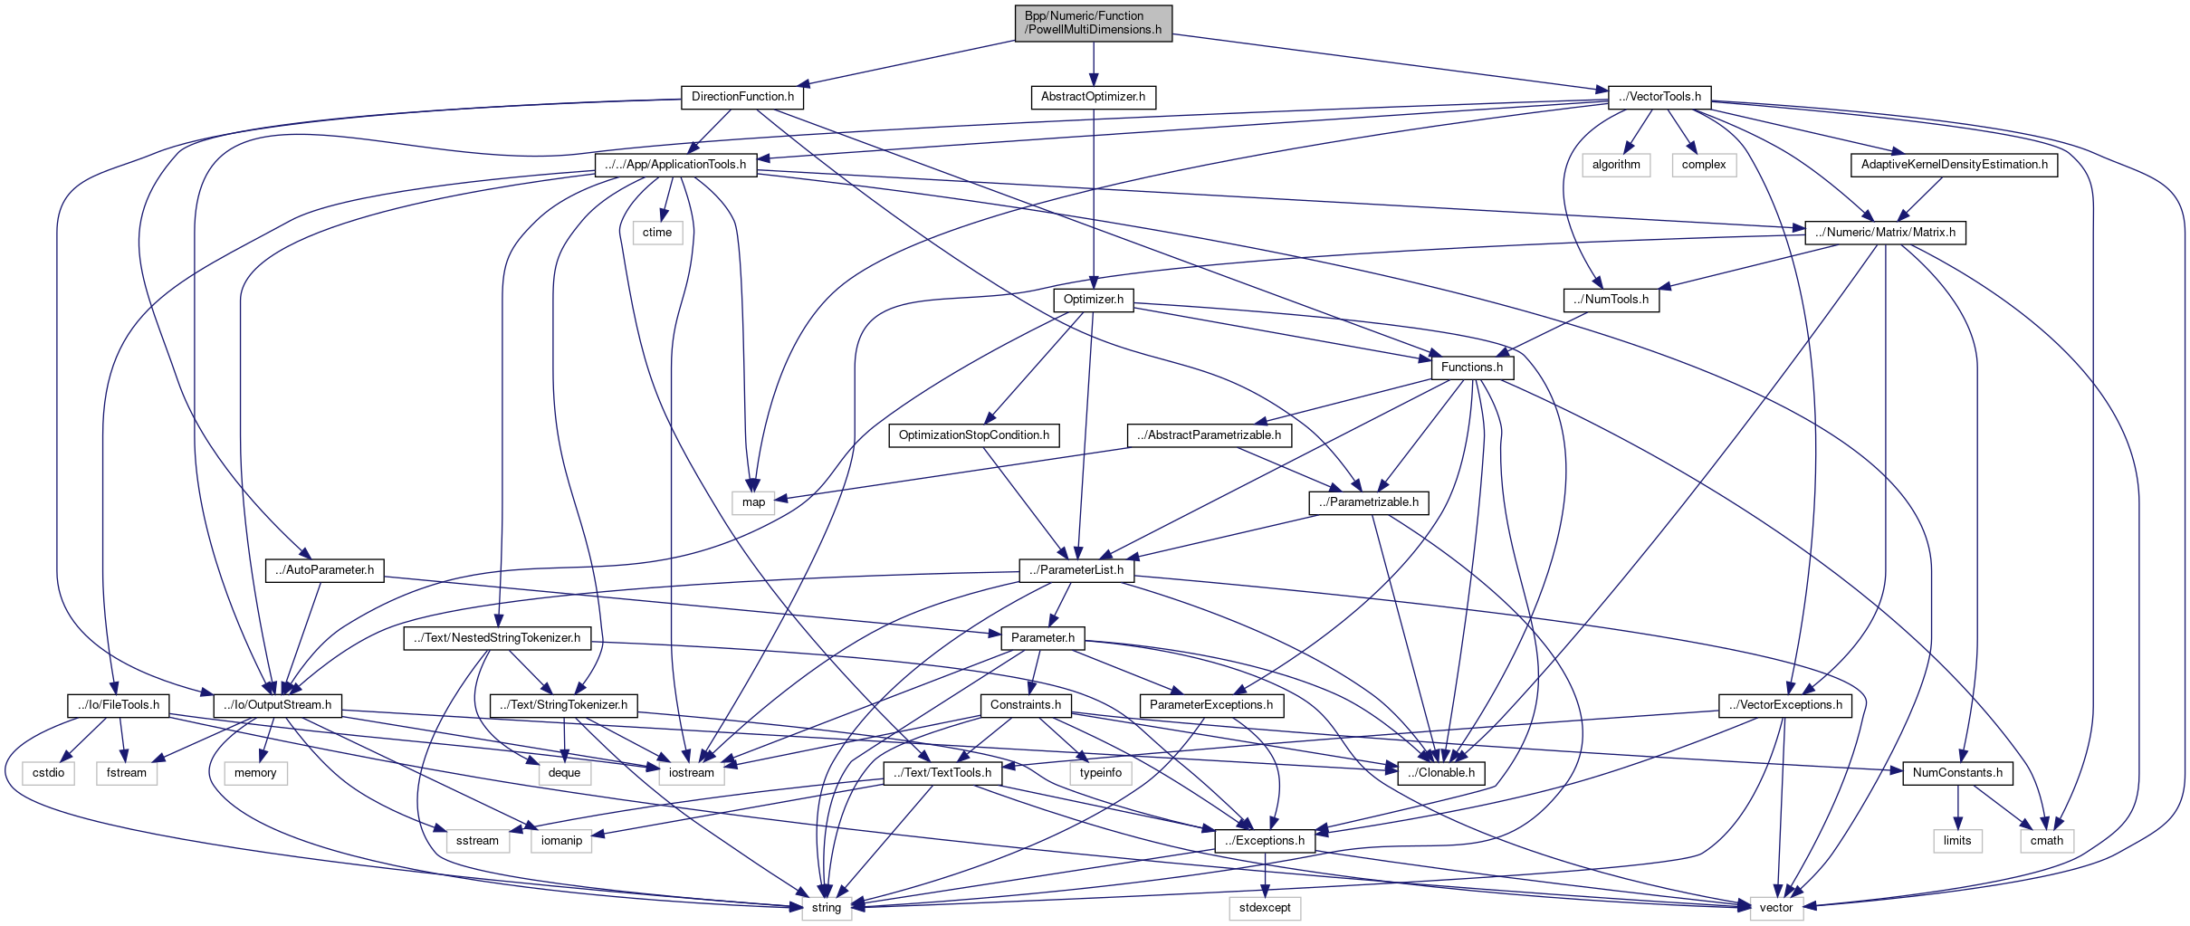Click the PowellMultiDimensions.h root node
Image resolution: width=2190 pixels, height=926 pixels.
point(1093,23)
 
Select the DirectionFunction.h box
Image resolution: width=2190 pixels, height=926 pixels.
point(742,97)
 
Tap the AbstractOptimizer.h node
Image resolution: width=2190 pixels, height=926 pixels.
point(1093,97)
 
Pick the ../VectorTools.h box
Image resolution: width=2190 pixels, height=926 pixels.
point(1659,97)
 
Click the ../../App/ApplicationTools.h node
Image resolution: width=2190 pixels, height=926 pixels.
point(675,165)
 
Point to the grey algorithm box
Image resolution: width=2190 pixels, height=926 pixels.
point(1616,165)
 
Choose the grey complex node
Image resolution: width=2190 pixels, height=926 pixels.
point(1704,165)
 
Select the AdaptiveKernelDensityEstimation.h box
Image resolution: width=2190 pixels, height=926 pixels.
point(1954,165)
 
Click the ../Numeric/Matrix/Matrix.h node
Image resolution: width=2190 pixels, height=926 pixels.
point(1885,233)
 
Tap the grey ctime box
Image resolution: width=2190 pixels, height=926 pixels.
point(657,233)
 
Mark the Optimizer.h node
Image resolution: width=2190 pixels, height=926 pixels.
point(1093,300)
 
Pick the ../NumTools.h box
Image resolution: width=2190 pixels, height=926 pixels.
point(1611,300)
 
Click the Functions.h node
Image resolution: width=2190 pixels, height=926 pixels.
point(1471,368)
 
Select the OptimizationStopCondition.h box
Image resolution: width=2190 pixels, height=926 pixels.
point(973,435)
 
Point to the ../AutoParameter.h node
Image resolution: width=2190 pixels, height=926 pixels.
point(324,570)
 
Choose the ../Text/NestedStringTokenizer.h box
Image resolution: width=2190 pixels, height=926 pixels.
point(497,638)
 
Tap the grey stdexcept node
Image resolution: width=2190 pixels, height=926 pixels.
point(1265,908)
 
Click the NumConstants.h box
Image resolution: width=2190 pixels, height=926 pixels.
point(1957,773)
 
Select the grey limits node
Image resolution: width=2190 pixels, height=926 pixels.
point(1956,841)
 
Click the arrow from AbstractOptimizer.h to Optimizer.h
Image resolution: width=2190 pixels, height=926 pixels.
point(1093,199)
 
